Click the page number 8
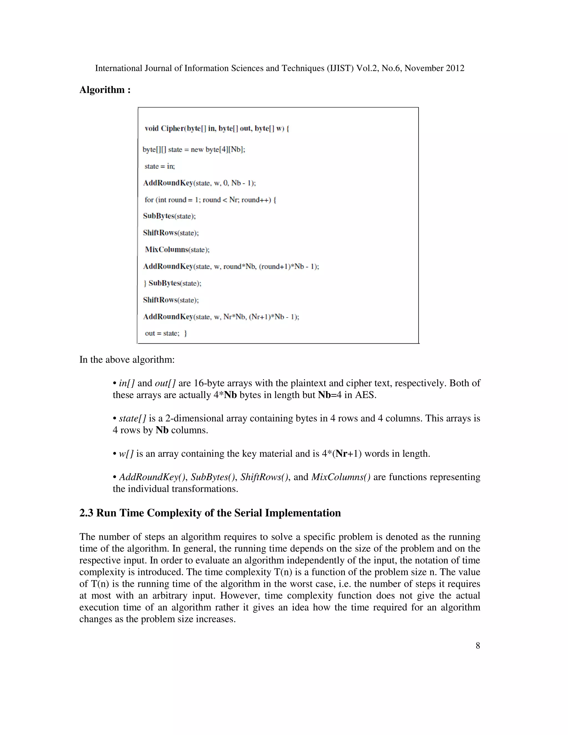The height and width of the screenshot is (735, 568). click(x=478, y=645)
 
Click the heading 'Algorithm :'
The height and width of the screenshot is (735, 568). click(x=105, y=90)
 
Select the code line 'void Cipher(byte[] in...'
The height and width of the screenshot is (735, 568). click(x=217, y=129)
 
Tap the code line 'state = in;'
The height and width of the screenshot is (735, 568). click(x=159, y=166)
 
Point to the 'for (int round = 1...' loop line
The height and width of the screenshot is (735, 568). click(x=210, y=200)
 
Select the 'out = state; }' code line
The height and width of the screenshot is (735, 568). click(x=166, y=333)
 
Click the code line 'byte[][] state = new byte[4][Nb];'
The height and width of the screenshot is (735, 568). click(x=194, y=149)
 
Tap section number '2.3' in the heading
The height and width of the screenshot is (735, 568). click(x=87, y=513)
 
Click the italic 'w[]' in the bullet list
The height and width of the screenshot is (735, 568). click(x=126, y=454)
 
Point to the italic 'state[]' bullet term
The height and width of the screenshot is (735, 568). click(x=132, y=418)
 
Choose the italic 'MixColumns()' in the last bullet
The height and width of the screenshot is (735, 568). click(x=341, y=477)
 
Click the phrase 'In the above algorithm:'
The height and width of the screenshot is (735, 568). click(x=127, y=360)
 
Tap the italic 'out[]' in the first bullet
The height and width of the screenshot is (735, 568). click(x=165, y=383)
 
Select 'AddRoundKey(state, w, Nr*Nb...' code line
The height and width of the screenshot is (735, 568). click(x=221, y=317)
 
